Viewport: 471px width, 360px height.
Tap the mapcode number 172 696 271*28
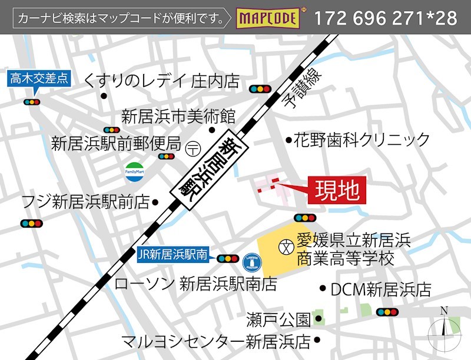[386, 18]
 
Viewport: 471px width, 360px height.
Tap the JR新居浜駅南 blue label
[173, 255]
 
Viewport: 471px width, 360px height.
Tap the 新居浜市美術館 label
[178, 115]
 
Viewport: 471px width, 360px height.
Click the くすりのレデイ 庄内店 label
[162, 80]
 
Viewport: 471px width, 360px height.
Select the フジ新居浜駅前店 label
[85, 202]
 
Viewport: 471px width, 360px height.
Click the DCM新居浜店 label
[380, 289]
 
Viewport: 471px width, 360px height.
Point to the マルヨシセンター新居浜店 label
[215, 341]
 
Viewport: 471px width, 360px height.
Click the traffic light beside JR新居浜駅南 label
[228, 258]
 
